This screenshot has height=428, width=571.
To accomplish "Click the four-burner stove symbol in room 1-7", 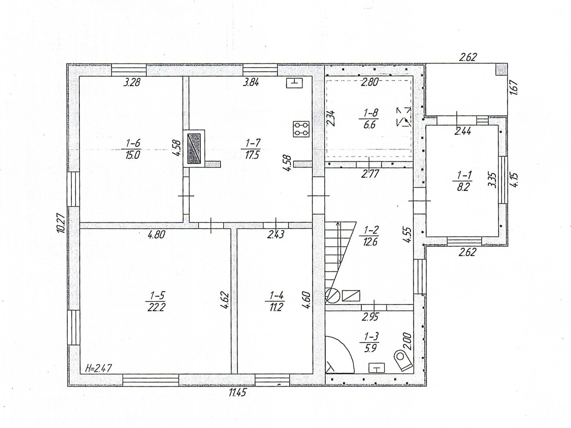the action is click(301, 129).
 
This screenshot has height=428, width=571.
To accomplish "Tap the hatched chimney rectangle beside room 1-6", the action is click(194, 148).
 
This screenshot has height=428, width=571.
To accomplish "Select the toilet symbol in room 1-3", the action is click(403, 360).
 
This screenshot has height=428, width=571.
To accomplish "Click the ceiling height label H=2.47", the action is click(98, 368).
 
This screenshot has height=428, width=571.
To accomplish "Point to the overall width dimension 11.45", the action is click(237, 393).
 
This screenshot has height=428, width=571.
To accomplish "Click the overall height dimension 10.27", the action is click(61, 223).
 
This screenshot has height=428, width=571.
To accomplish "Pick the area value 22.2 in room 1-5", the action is click(156, 308).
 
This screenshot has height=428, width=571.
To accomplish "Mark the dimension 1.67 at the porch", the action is click(514, 87).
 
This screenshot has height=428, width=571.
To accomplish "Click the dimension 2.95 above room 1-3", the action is click(370, 317).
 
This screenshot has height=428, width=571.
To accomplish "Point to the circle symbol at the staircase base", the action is click(333, 296).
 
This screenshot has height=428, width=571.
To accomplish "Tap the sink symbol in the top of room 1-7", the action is click(294, 83).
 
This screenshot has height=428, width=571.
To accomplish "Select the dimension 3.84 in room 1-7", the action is click(251, 83).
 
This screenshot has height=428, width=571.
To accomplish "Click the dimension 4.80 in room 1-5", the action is click(156, 235).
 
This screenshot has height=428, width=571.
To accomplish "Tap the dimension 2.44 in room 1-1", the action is click(463, 132).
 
